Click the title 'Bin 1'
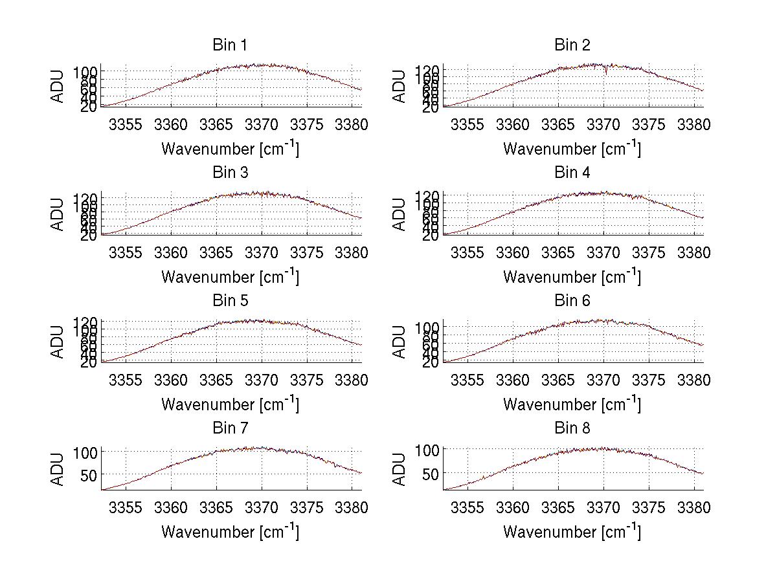(x=230, y=45)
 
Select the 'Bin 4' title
(x=572, y=173)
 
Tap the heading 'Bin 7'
(x=230, y=428)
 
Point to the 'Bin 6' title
(x=572, y=301)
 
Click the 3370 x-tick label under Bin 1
(x=262, y=125)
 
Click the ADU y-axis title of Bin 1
(x=58, y=87)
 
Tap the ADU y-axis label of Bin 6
(x=400, y=342)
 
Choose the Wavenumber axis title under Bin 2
(x=572, y=148)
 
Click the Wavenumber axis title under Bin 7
(x=230, y=531)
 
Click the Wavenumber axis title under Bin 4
(x=572, y=276)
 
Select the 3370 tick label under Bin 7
(x=262, y=508)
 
